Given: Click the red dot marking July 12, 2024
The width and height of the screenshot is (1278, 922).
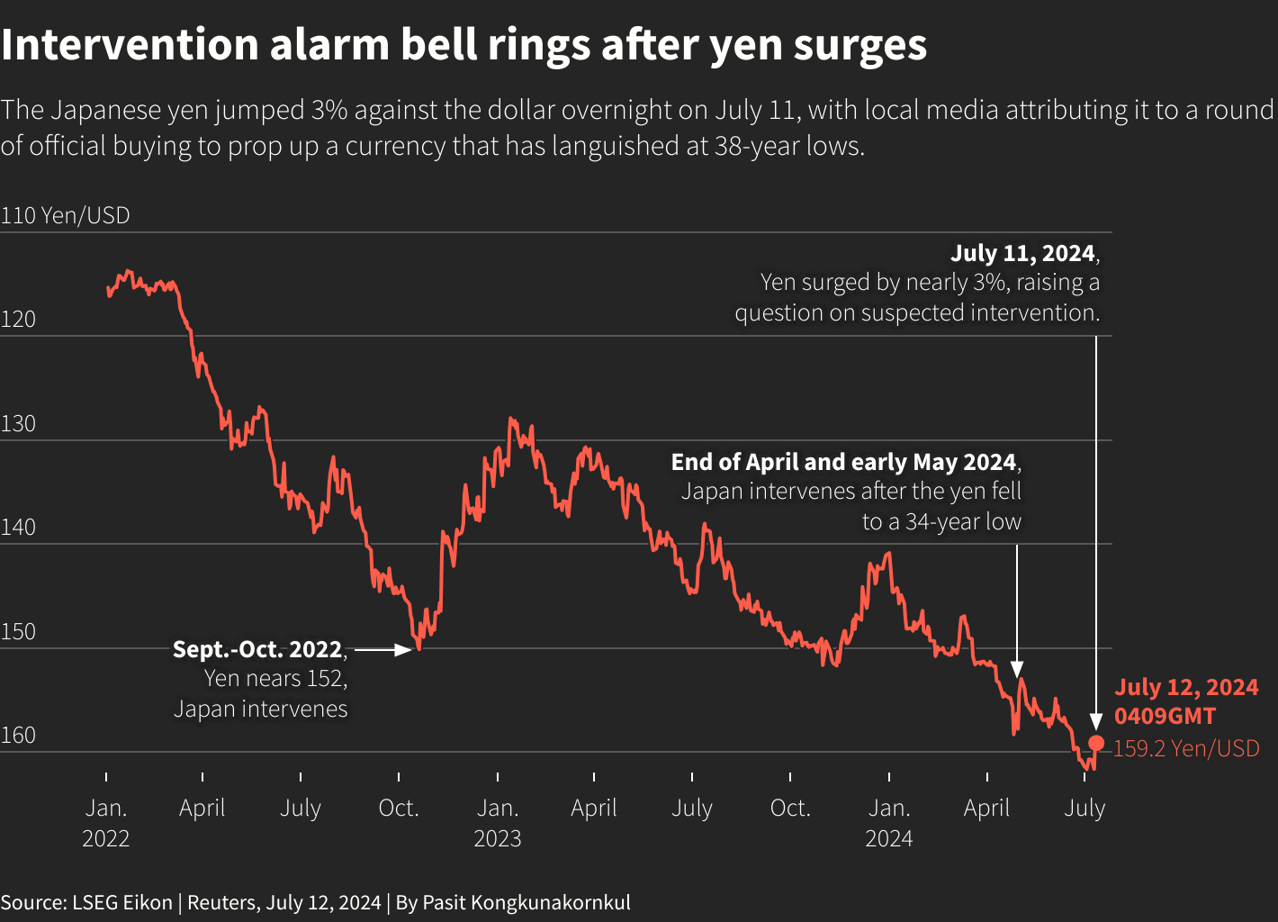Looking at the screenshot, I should click(1096, 743).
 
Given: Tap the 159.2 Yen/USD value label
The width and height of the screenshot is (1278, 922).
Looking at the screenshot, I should click(1185, 748).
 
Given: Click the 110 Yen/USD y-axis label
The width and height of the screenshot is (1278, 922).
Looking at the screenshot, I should click(66, 216).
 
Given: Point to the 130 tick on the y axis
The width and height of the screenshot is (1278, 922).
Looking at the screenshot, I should click(18, 423).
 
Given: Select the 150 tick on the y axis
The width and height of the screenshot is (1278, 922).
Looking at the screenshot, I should click(18, 631).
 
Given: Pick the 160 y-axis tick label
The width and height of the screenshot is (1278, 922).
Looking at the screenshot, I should click(18, 735).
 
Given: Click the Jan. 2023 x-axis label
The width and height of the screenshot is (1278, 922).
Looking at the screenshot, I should click(497, 823).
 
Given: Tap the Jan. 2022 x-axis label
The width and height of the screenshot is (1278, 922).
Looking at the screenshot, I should click(106, 823).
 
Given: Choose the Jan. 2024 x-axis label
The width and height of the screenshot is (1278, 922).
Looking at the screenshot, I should click(888, 823).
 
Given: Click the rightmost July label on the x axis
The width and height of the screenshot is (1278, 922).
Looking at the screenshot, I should click(1084, 808).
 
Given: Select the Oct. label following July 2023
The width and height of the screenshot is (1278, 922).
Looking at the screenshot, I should click(790, 808).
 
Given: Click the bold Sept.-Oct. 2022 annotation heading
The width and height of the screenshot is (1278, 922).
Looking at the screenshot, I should click(257, 649).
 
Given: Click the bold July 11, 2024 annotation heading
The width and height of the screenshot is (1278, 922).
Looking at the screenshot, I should click(1023, 253).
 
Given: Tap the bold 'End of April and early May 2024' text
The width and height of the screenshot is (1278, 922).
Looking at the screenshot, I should click(843, 462).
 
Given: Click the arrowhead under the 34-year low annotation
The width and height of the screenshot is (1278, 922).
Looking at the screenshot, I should click(1017, 669).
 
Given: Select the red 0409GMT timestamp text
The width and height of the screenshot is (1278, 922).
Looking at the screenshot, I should click(1165, 717).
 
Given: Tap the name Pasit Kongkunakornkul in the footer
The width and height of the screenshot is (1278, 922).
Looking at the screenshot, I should click(526, 902).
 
